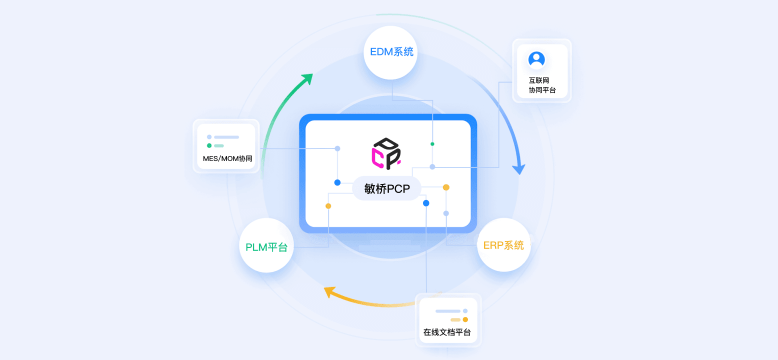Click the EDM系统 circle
(391, 52)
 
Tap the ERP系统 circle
(503, 245)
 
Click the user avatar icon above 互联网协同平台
(536, 59)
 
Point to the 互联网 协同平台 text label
(542, 85)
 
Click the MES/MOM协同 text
(227, 158)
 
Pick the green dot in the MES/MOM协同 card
(209, 145)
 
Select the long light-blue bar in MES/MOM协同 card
(226, 137)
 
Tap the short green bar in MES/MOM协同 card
(219, 146)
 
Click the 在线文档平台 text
(447, 332)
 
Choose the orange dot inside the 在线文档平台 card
(465, 319)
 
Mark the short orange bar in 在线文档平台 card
(455, 319)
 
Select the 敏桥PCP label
(386, 188)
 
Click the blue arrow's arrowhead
(520, 169)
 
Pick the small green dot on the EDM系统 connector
(432, 144)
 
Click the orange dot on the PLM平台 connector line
(328, 206)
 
